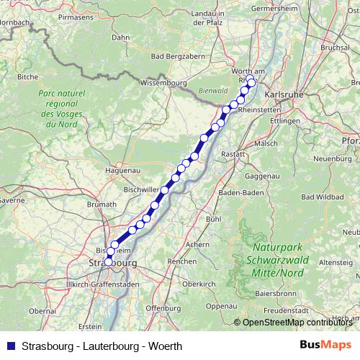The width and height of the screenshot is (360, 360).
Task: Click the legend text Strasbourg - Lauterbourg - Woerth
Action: (x=102, y=346)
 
